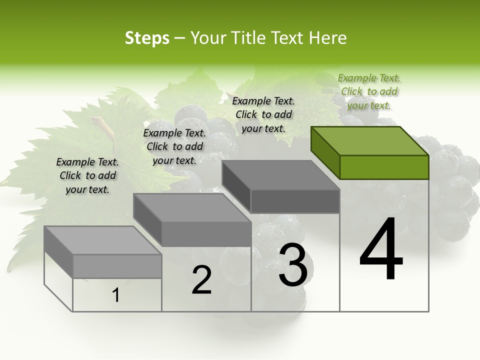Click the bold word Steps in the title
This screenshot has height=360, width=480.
pos(147,38)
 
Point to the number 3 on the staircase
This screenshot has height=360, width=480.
pos(292,265)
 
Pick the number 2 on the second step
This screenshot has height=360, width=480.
pos(201,280)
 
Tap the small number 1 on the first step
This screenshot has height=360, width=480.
pos(116,295)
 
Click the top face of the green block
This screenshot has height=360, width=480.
pos(370,140)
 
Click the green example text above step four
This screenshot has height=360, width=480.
pos(369,91)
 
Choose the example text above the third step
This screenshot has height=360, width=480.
pos(263,114)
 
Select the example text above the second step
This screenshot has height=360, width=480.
pos(174,146)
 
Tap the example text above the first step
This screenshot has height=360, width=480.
pos(87,175)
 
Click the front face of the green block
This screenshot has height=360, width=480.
pos(384,167)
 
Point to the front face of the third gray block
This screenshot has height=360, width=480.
pos(295,201)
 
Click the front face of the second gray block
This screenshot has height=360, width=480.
pos(206,234)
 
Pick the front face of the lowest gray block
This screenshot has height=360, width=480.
pos(117,266)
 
